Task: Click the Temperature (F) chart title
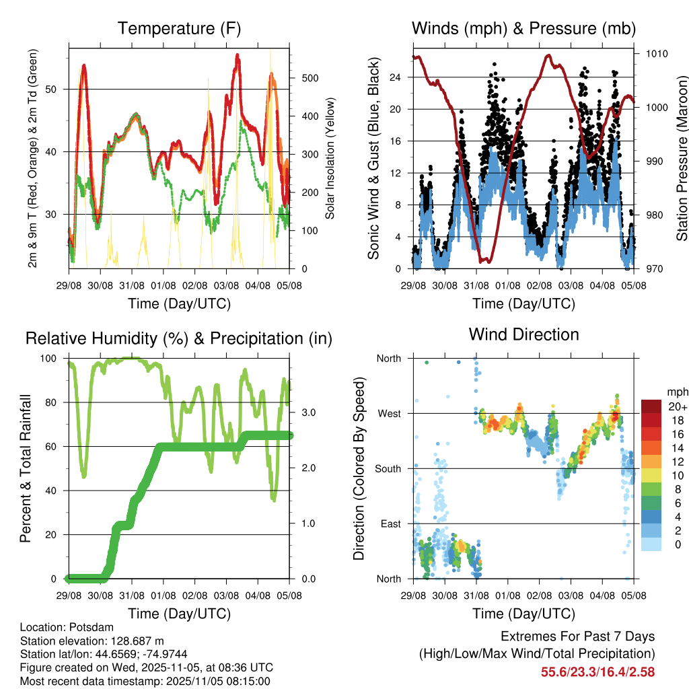179,28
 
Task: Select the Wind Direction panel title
523,334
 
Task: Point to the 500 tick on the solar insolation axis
310,78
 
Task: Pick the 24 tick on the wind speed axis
395,77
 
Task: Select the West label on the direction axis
388,413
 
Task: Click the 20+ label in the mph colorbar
676,407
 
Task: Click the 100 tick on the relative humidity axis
52,359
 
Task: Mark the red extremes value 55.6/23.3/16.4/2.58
597,672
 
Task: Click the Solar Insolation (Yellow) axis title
330,159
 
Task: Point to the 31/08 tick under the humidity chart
132,595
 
